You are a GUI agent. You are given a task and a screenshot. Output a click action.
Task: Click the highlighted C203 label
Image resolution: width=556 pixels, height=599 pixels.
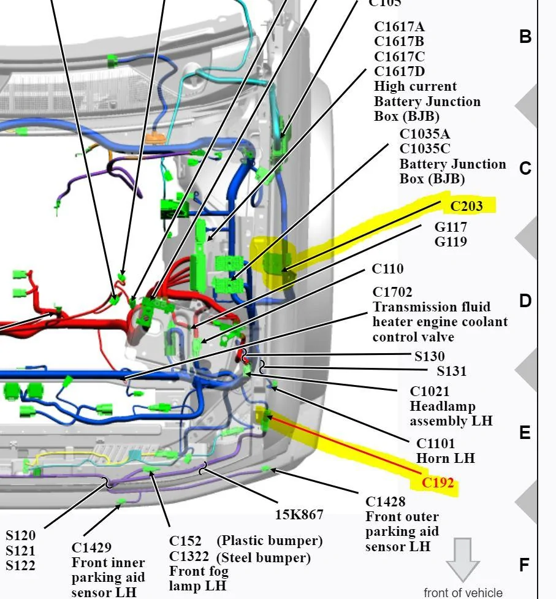467,206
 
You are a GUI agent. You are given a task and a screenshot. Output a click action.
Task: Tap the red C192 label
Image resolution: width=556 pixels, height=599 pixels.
438,483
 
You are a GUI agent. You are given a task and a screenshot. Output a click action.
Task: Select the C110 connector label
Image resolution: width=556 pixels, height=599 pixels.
387,269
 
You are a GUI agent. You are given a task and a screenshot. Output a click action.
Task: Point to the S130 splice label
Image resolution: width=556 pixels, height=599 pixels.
430,356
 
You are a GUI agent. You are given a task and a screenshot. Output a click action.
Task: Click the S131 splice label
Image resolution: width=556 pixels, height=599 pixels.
451,371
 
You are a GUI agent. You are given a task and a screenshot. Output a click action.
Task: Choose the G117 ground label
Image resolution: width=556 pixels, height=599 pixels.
451,227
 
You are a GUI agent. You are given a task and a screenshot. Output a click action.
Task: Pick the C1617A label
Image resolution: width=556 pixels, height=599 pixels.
400,26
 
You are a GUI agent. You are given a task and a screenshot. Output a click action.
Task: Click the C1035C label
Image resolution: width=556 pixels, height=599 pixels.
425,148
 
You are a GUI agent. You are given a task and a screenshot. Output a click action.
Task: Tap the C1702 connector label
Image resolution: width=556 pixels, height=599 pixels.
392,292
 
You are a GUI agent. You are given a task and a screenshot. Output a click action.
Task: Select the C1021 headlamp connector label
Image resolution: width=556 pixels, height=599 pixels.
429,391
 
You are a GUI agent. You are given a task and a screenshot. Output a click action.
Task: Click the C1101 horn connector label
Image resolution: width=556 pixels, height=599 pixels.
435,443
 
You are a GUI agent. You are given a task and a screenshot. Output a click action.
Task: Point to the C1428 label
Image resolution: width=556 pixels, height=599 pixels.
386,501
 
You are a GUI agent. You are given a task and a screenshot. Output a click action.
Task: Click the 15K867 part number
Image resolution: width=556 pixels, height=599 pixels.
299,514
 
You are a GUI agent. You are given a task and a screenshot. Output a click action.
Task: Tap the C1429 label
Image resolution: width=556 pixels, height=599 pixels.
91,547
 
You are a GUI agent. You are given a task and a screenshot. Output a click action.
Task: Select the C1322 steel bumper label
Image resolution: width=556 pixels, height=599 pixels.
189,556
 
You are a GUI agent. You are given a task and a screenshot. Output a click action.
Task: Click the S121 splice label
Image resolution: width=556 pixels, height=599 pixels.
20,551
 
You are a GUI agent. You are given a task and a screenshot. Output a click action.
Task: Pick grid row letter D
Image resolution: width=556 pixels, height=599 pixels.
525,301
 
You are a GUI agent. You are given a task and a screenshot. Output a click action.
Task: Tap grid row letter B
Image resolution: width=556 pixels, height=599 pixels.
525,37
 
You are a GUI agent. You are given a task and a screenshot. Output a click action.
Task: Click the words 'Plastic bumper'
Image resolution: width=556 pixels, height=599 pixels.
270,541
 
